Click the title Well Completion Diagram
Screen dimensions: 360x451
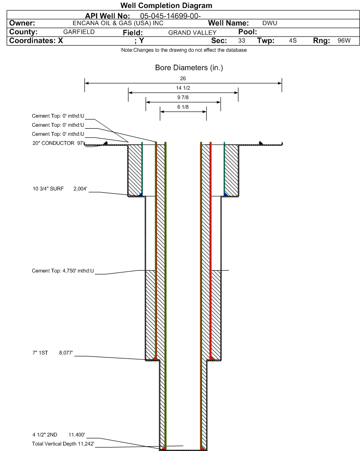(166, 6)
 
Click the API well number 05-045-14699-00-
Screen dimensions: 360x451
(170, 16)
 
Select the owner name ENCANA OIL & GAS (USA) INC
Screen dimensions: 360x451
(118, 23)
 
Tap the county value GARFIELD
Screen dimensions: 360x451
(79, 32)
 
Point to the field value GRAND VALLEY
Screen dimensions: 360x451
(192, 32)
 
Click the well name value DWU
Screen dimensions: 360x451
(270, 23)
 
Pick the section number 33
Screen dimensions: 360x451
(241, 40)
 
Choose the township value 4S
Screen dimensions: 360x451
(293, 40)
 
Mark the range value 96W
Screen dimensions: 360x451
(344, 40)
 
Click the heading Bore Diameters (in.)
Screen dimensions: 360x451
(189, 67)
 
